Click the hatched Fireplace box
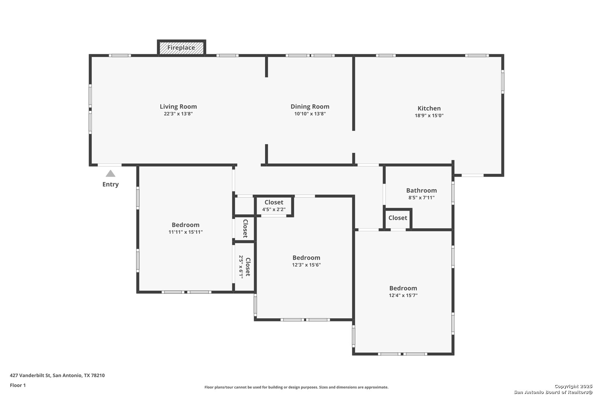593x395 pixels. coord(181,48)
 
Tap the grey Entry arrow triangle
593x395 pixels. coord(111,174)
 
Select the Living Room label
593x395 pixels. coord(178,106)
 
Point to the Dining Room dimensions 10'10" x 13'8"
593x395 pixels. coord(310,114)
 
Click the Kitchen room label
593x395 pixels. coord(429,108)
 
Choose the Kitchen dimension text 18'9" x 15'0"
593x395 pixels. coord(429,115)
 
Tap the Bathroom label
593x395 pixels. coord(421,191)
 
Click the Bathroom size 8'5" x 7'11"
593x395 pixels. coord(421,197)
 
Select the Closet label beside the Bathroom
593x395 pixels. coord(398,218)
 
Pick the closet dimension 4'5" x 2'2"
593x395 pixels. coord(274,210)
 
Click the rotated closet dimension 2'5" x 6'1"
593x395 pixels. coord(241,266)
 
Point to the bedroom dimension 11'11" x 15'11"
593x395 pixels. coord(186,232)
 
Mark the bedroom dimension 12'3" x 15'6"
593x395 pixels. coord(306,265)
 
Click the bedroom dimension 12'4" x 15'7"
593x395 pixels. coord(403,295)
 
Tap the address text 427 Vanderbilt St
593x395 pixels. coord(30,375)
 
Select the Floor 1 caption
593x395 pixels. coord(18,385)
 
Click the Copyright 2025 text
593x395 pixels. coord(573,386)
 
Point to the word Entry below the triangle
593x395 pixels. coord(111,184)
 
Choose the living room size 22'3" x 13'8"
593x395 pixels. coord(178,114)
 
